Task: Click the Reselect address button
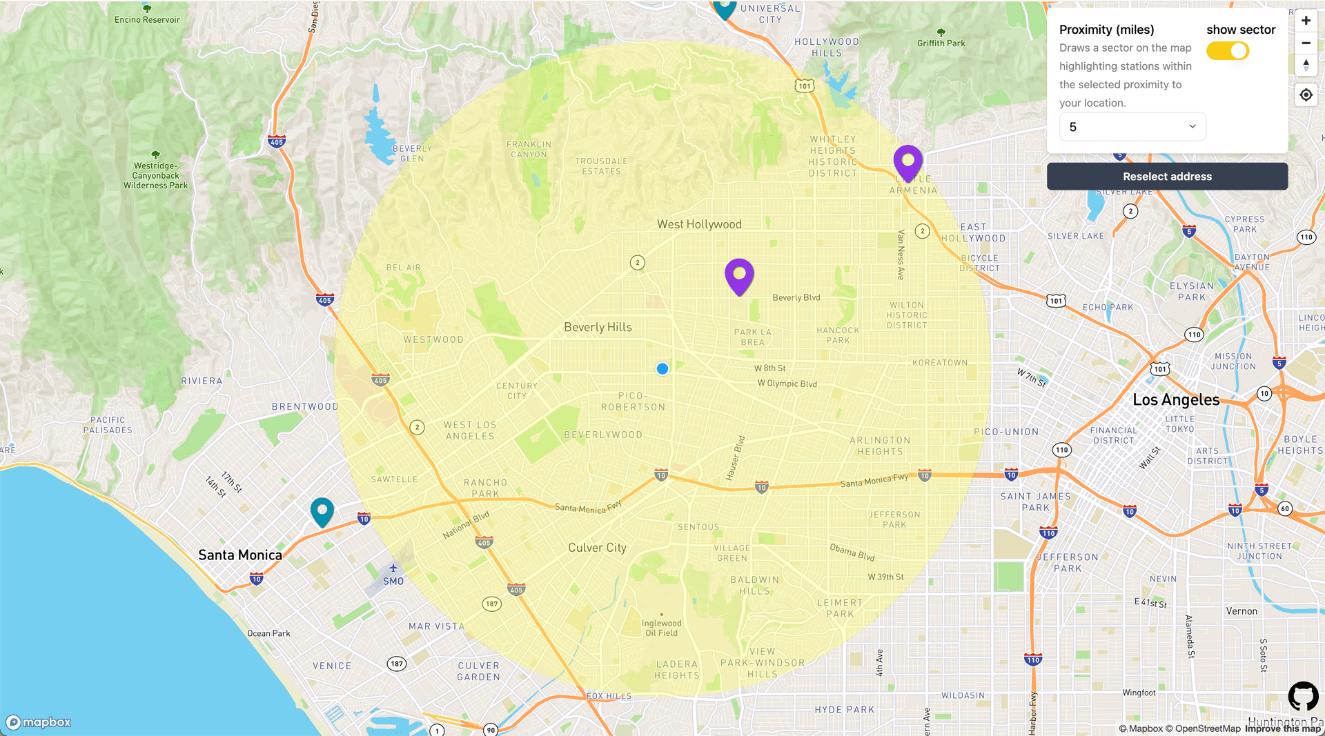(x=1167, y=177)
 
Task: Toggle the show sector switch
(x=1227, y=51)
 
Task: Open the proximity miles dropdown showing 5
(x=1132, y=127)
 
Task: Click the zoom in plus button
(x=1306, y=21)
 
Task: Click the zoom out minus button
(x=1306, y=43)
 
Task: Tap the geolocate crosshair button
(x=1306, y=95)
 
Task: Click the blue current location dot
(x=662, y=369)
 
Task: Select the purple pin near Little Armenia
(x=907, y=162)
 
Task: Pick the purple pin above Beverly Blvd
(x=739, y=275)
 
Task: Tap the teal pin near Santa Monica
(x=322, y=511)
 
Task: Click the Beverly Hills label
(x=598, y=327)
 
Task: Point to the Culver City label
(x=597, y=548)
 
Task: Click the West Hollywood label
(x=699, y=224)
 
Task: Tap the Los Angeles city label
(x=1176, y=400)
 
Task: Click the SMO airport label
(x=393, y=581)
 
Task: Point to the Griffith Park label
(x=941, y=43)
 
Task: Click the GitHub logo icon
(x=1303, y=696)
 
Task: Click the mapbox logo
(x=39, y=722)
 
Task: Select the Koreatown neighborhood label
(x=940, y=363)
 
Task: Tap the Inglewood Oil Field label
(x=662, y=628)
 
